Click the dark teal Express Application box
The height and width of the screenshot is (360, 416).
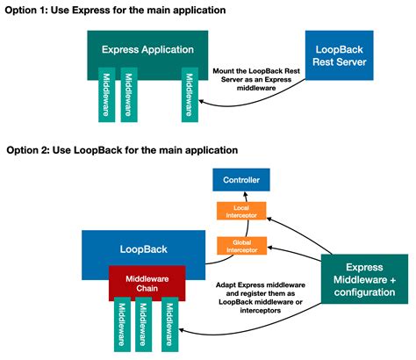tap(146, 49)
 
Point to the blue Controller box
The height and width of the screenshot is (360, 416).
tap(241, 181)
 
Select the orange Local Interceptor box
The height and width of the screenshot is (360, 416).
tap(241, 212)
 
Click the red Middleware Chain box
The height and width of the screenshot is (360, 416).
tap(146, 283)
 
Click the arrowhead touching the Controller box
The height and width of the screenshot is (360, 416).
tap(241, 195)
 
